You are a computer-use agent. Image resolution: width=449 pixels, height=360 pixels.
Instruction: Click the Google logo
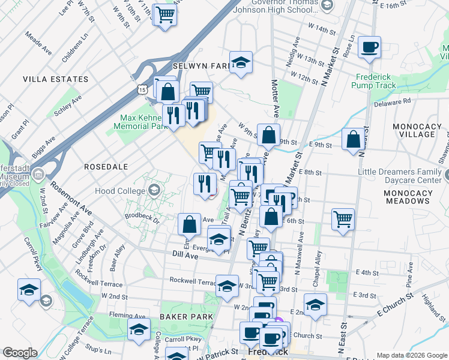pos(20,353)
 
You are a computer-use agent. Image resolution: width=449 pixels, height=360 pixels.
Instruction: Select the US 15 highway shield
pos(142,89)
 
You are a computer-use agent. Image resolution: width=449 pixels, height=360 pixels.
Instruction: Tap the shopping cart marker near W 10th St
pos(165,14)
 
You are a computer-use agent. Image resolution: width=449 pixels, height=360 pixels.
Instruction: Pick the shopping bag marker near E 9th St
pos(353,139)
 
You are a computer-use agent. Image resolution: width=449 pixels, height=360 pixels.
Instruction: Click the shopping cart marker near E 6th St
pos(343,218)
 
